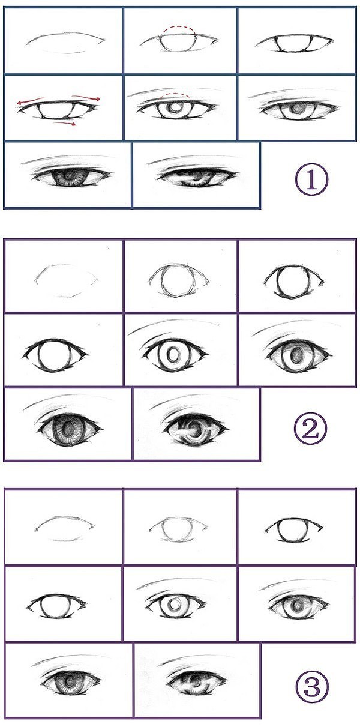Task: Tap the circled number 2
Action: (x=310, y=429)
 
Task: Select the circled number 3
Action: (x=311, y=678)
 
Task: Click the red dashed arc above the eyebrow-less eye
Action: (x=179, y=28)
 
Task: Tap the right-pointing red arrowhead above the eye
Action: (x=97, y=99)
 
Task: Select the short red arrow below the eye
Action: (x=64, y=123)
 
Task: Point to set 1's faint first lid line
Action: (x=66, y=38)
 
